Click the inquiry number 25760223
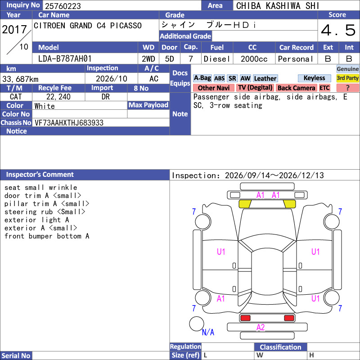click(x=63, y=6)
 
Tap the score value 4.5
click(x=338, y=30)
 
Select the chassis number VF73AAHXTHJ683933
click(x=69, y=123)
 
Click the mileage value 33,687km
click(x=20, y=79)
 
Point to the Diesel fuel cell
click(x=217, y=59)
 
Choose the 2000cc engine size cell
click(x=254, y=59)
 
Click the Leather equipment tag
click(x=265, y=78)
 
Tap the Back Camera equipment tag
click(x=297, y=88)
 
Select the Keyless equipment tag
click(x=314, y=78)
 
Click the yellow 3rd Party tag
click(x=347, y=78)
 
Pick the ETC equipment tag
click(x=324, y=88)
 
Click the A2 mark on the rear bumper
click(x=261, y=327)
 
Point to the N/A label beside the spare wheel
click(x=208, y=332)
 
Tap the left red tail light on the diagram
click(x=245, y=318)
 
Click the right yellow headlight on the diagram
click(x=289, y=204)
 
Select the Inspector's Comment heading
click(x=40, y=175)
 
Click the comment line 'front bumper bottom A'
click(x=47, y=236)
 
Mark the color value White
click(x=45, y=106)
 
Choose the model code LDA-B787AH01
click(x=65, y=59)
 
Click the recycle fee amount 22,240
click(x=58, y=97)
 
